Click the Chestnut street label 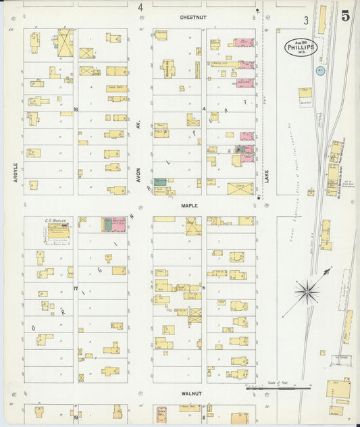pos(192,16)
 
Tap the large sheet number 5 pos(345,16)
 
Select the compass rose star pos(307,292)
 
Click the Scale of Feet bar pos(269,388)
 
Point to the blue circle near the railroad pos(321,70)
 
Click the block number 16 pos(76,109)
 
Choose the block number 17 pos(76,288)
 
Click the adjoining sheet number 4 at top pos(140,7)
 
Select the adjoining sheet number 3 pos(305,21)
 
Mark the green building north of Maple pos(159,182)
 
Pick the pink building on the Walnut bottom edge pos(161,412)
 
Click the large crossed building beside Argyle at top pos(64,43)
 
